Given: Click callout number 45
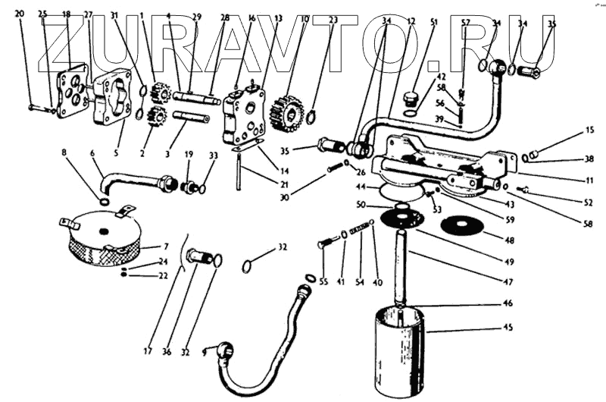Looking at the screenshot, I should (508, 328).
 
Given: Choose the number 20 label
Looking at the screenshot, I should (20, 14).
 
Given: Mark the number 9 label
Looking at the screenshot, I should (205, 352).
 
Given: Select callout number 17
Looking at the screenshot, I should (148, 351).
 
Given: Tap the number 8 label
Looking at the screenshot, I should (64, 152).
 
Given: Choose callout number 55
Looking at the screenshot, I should (323, 281).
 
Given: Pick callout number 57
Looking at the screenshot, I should (466, 23).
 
